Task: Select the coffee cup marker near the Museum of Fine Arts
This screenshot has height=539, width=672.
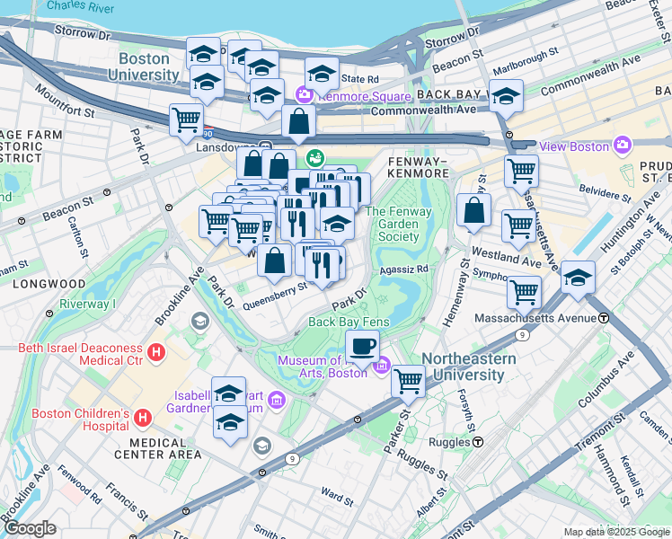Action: click(x=362, y=345)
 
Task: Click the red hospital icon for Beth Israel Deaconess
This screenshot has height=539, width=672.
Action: click(x=157, y=352)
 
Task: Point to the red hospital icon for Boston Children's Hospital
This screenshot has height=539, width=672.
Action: click(x=143, y=417)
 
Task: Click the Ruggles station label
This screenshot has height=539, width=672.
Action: click(x=450, y=442)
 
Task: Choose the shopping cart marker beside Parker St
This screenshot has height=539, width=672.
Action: click(x=409, y=380)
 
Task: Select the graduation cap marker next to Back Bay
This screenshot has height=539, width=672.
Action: click(x=507, y=96)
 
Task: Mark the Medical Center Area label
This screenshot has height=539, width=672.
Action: click(x=165, y=448)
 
